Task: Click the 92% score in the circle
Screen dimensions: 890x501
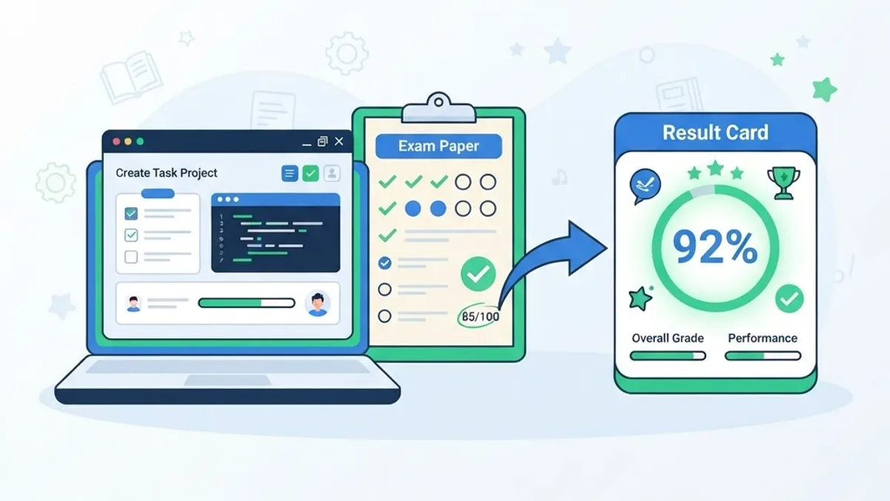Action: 715,247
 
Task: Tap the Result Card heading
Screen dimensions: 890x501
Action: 715,133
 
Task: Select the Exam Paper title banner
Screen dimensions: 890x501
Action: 438,146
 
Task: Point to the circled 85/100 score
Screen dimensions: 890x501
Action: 480,316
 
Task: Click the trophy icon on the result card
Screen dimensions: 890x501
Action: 783,183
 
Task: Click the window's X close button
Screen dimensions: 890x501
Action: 339,142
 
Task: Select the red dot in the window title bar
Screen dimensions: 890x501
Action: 116,142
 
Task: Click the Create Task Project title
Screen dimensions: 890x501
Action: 166,173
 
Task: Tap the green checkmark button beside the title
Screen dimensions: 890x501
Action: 310,174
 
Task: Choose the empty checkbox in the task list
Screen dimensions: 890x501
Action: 131,257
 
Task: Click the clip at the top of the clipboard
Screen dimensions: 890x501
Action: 438,108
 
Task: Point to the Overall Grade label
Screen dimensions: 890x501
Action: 667,338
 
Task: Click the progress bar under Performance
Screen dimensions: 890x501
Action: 763,356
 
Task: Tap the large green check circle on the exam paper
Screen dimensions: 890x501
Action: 478,274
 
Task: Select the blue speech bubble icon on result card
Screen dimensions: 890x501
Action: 645,186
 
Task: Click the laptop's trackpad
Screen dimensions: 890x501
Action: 228,381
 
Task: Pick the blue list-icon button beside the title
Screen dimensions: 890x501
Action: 290,174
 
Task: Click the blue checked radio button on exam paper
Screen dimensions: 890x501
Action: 385,263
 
